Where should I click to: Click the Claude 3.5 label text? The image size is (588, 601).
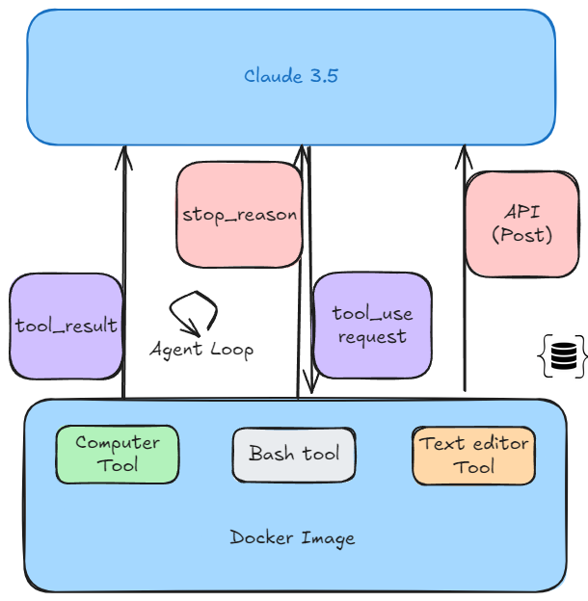(290, 76)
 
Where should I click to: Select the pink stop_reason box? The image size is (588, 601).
(239, 214)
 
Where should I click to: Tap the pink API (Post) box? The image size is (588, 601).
(521, 223)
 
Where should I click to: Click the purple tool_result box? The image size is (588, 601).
(66, 326)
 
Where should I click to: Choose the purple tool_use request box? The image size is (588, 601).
(371, 325)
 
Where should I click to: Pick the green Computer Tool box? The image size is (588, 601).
(117, 454)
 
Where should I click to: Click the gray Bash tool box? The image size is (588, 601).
(294, 454)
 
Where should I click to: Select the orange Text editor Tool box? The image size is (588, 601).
(473, 455)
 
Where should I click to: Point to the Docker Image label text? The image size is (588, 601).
(292, 537)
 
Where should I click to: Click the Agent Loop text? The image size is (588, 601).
(201, 349)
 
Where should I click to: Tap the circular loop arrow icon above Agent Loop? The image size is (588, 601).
(193, 312)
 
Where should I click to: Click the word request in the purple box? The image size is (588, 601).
(371, 337)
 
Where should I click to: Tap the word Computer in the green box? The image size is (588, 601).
(117, 443)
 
